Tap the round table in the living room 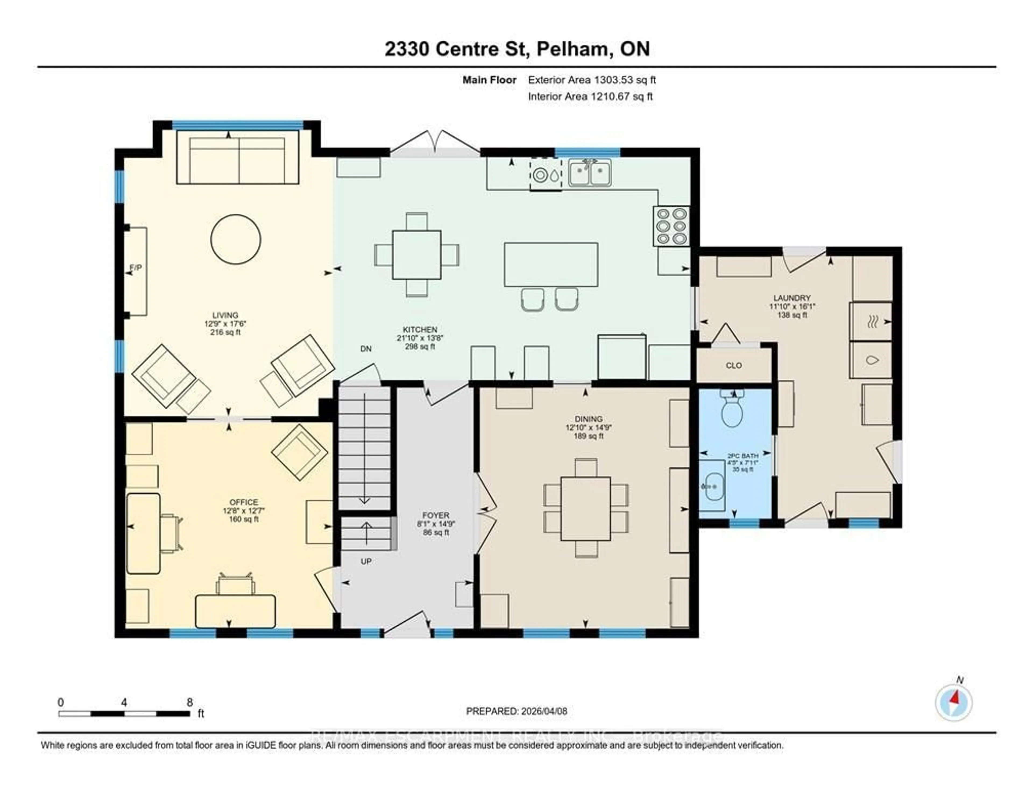(236, 239)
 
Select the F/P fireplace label (136, 268)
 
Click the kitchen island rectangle (551, 264)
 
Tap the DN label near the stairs (366, 349)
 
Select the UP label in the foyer (366, 562)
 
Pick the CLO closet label (734, 365)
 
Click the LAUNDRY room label (792, 298)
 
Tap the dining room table (586, 508)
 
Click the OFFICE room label (243, 502)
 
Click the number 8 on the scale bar (190, 702)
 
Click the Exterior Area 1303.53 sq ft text (592, 80)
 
